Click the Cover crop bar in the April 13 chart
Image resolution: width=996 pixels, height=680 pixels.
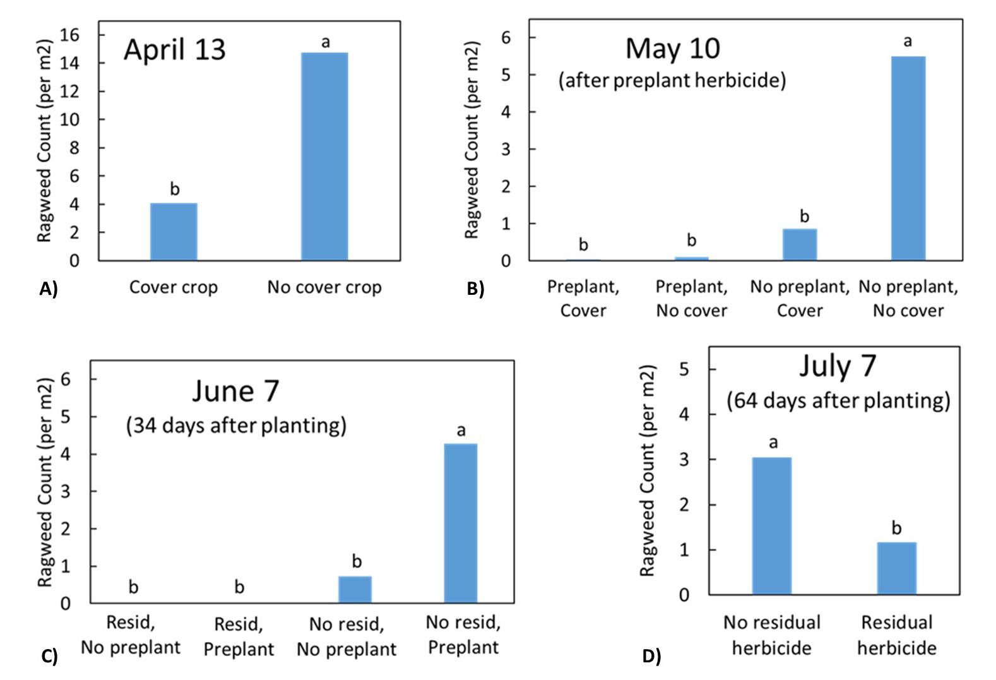click(x=174, y=232)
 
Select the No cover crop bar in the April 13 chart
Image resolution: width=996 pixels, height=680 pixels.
click(x=324, y=157)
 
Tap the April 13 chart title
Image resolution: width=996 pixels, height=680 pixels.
click(x=175, y=50)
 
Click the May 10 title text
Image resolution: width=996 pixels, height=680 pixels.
click(x=672, y=49)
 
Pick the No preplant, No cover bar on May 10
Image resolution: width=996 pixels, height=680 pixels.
click(x=908, y=158)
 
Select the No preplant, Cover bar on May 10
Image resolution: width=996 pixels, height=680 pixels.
click(x=800, y=244)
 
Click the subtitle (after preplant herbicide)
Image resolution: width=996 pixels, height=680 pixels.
click(x=672, y=80)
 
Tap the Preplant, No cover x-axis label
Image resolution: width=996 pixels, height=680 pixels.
click(x=691, y=298)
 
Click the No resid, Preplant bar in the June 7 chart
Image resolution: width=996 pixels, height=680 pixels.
click(x=461, y=523)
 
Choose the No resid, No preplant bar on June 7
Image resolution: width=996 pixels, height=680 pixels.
click(x=355, y=589)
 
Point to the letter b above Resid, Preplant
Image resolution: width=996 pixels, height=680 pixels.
click(x=239, y=588)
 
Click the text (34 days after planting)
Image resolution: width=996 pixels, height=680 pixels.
click(x=236, y=425)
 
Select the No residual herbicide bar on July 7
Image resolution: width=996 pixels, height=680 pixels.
click(x=771, y=525)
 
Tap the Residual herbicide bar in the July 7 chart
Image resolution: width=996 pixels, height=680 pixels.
click(x=896, y=568)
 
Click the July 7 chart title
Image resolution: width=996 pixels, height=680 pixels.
click(x=838, y=366)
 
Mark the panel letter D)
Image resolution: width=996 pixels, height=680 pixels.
click(x=651, y=656)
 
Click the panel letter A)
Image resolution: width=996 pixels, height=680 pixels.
click(x=48, y=289)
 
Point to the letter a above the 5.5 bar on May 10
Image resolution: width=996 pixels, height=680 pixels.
click(x=908, y=42)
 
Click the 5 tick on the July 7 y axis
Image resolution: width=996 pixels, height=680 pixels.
click(x=684, y=369)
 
